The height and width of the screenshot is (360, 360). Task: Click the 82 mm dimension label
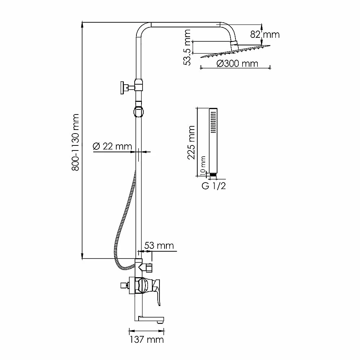(x=265, y=35)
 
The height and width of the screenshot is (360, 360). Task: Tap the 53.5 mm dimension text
(x=187, y=48)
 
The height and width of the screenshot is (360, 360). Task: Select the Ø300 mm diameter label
(x=237, y=63)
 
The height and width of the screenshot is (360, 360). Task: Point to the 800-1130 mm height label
(x=75, y=142)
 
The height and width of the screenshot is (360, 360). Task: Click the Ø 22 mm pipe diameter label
(x=112, y=146)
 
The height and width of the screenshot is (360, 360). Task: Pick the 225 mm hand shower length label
(x=191, y=142)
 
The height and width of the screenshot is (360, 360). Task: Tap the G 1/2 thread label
(x=214, y=186)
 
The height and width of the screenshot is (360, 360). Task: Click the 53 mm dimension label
(x=159, y=246)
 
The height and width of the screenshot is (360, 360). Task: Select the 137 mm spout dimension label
(x=147, y=339)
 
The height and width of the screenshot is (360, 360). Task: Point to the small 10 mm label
(x=203, y=166)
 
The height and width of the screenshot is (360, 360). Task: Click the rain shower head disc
(x=235, y=51)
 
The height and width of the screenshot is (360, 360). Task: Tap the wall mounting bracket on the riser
(x=131, y=87)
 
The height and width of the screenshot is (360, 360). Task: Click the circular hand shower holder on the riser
(x=139, y=112)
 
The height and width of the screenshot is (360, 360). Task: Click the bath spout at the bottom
(x=150, y=319)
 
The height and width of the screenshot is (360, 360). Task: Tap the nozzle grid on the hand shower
(x=213, y=122)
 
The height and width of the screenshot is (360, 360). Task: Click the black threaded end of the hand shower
(x=213, y=175)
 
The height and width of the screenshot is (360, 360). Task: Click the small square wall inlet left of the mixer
(x=124, y=285)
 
